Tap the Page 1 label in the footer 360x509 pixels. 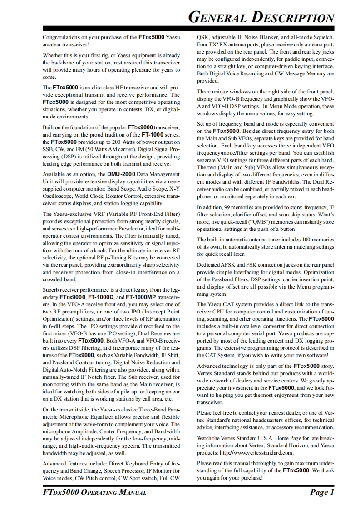(x=322, y=493)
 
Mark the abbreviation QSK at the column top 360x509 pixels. (x=202, y=37)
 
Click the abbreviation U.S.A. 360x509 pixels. (x=263, y=438)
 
